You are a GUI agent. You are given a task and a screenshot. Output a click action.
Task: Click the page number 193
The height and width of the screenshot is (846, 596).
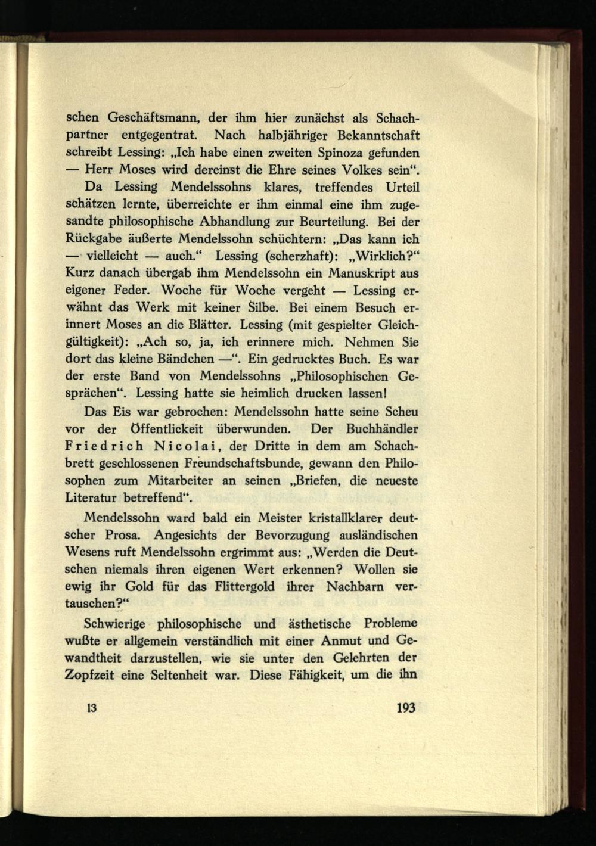tap(405, 708)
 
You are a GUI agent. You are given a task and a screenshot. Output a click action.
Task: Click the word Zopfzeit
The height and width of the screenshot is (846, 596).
tap(93, 676)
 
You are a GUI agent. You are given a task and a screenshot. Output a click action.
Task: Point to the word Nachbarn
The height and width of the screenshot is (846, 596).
tap(355, 586)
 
